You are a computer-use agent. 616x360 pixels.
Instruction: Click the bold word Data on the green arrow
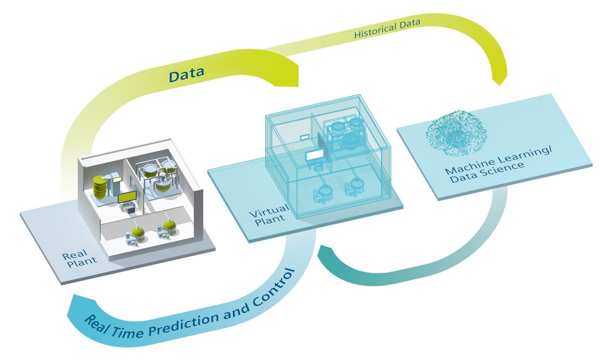[187, 74]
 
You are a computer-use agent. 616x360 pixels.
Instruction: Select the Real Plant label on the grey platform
[80, 259]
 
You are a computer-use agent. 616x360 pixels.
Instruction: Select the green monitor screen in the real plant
[127, 198]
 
